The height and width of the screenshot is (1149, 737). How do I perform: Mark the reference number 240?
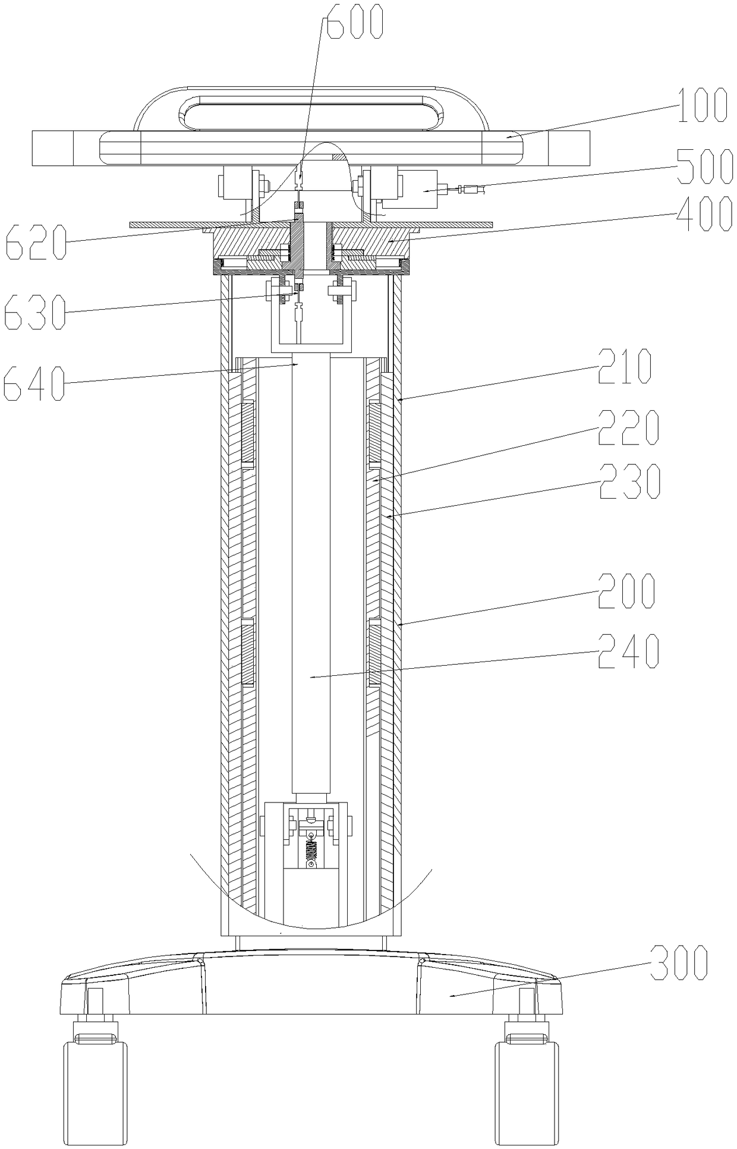tap(629, 651)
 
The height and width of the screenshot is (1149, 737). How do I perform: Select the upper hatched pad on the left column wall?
tap(248, 432)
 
